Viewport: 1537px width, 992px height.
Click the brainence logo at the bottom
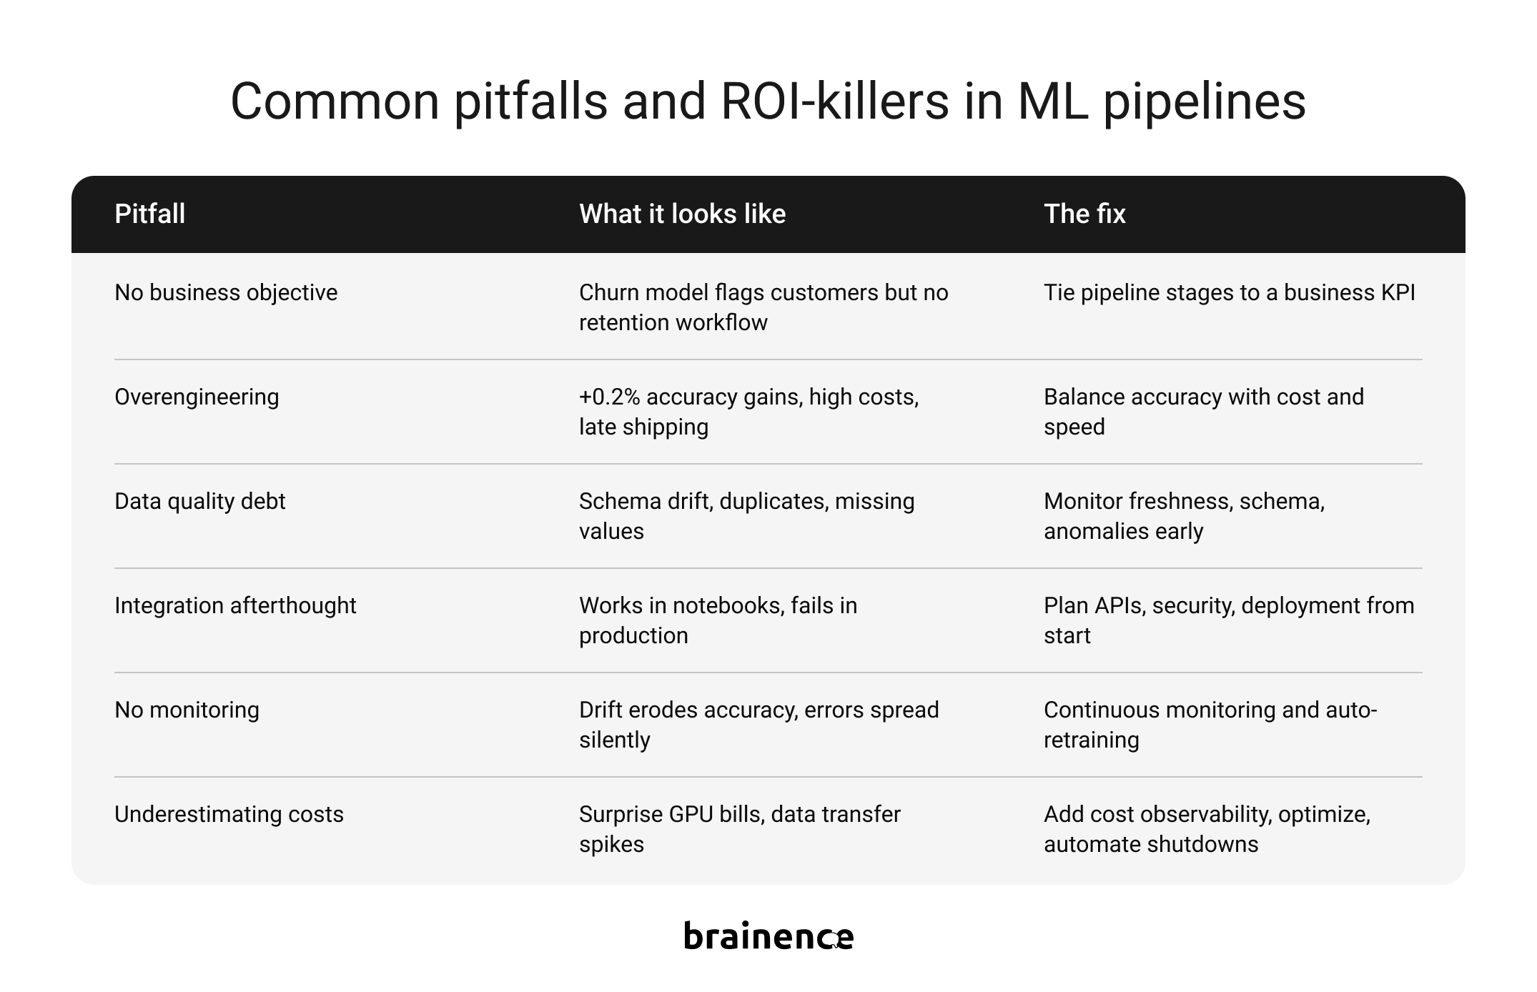click(768, 935)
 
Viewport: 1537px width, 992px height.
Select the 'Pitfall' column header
click(150, 214)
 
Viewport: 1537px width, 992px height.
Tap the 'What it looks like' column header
click(683, 214)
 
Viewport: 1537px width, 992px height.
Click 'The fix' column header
click(1084, 214)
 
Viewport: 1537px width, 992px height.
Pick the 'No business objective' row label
click(226, 292)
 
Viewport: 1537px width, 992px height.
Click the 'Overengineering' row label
click(197, 397)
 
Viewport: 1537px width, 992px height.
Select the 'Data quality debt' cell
click(199, 501)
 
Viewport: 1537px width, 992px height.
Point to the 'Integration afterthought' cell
click(235, 605)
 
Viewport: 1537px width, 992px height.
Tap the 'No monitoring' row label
click(187, 710)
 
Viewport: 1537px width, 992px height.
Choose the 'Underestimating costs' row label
click(229, 814)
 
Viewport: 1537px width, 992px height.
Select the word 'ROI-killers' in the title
click(834, 101)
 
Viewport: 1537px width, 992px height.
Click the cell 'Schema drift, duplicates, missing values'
click(747, 516)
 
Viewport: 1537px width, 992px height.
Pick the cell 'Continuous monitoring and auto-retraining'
click(1210, 725)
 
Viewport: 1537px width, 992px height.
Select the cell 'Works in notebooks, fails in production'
click(718, 620)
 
